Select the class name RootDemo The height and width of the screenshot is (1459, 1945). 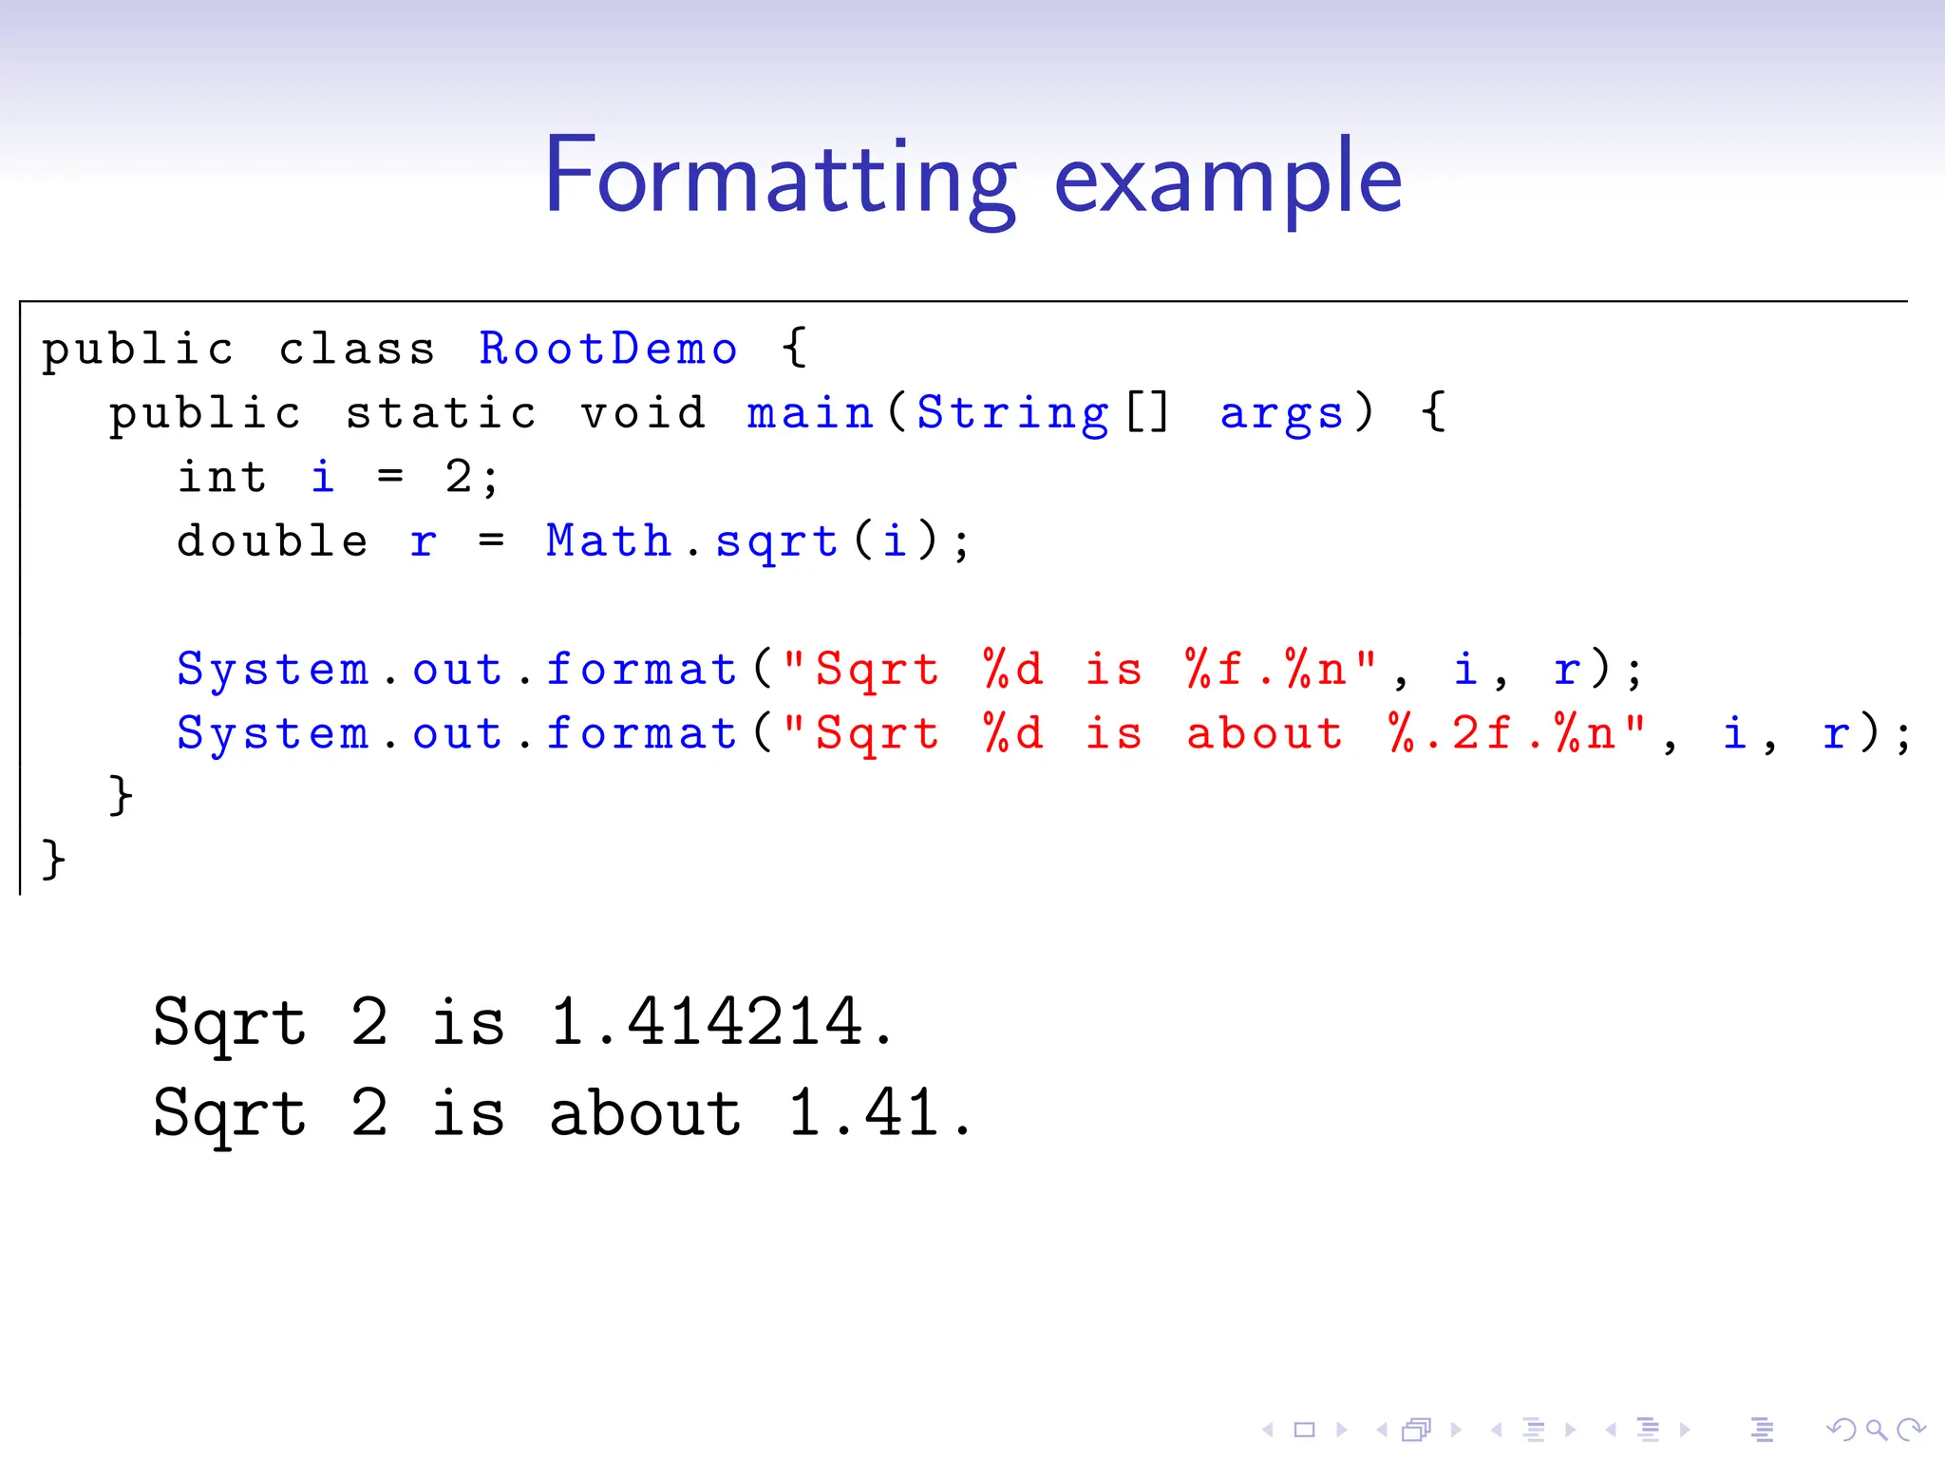coord(608,350)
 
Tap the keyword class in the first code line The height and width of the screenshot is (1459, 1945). coord(357,350)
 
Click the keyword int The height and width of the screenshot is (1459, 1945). coord(222,477)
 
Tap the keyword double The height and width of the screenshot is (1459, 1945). coord(273,541)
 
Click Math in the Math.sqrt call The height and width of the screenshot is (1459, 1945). coord(609,541)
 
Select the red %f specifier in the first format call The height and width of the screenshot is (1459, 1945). coord(1215,670)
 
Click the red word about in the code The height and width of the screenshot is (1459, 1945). coord(1265,733)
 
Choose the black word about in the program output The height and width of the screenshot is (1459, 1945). coord(646,1113)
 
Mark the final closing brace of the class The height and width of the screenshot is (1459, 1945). coord(54,860)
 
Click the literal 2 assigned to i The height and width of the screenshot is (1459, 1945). coord(459,477)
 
